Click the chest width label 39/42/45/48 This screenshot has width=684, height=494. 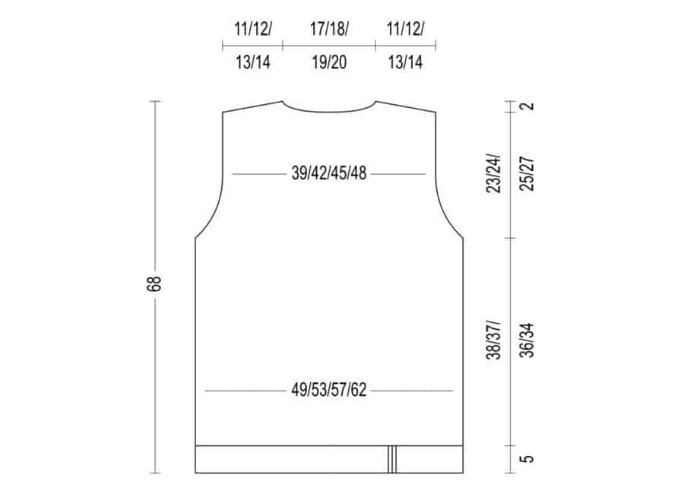point(329,174)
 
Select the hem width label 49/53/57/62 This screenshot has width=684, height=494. point(329,390)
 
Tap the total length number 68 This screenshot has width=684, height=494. point(155,283)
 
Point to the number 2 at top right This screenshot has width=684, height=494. point(528,106)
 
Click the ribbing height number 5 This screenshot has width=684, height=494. point(528,459)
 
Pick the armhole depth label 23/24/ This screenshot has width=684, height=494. point(494,173)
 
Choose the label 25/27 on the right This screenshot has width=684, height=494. point(528,173)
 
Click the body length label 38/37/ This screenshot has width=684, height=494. point(494,340)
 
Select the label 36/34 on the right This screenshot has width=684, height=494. point(528,340)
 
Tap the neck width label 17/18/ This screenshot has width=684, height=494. point(329,29)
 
